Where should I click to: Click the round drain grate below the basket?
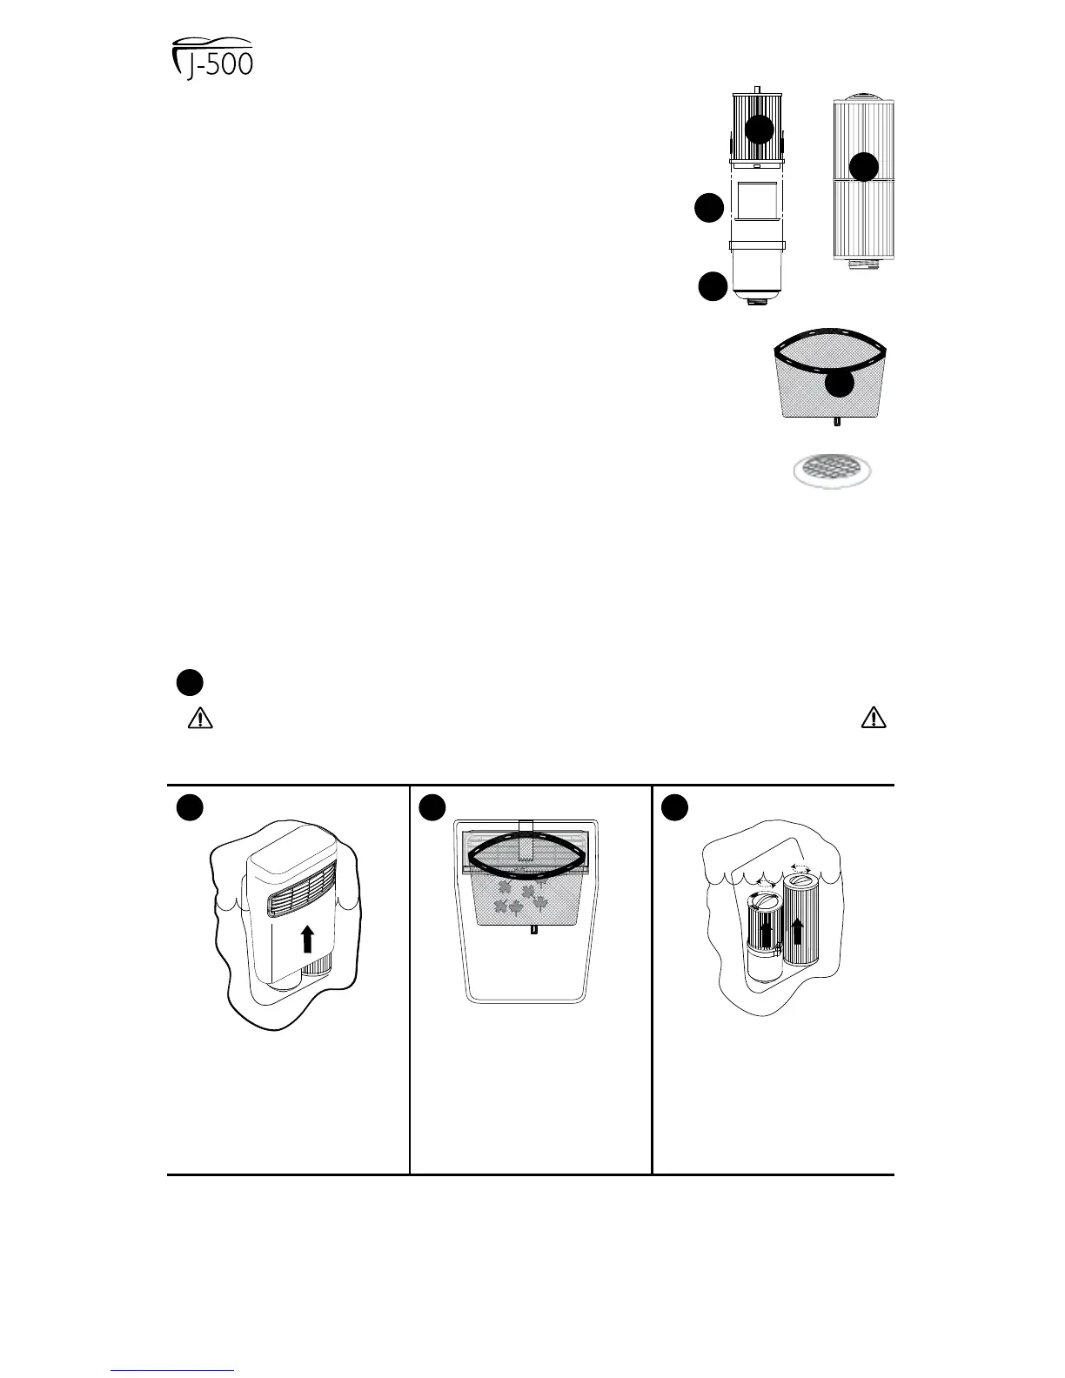(x=832, y=470)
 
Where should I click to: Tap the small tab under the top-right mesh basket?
(x=837, y=422)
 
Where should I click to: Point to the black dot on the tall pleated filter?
(x=863, y=167)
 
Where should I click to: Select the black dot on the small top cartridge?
(x=759, y=130)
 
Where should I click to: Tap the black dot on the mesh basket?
(x=839, y=385)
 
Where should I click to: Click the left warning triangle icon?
(x=200, y=719)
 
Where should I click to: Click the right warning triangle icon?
(x=873, y=719)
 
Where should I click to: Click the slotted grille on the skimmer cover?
(x=300, y=898)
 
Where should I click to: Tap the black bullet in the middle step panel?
(x=432, y=808)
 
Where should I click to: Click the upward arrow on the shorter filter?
(x=766, y=935)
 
